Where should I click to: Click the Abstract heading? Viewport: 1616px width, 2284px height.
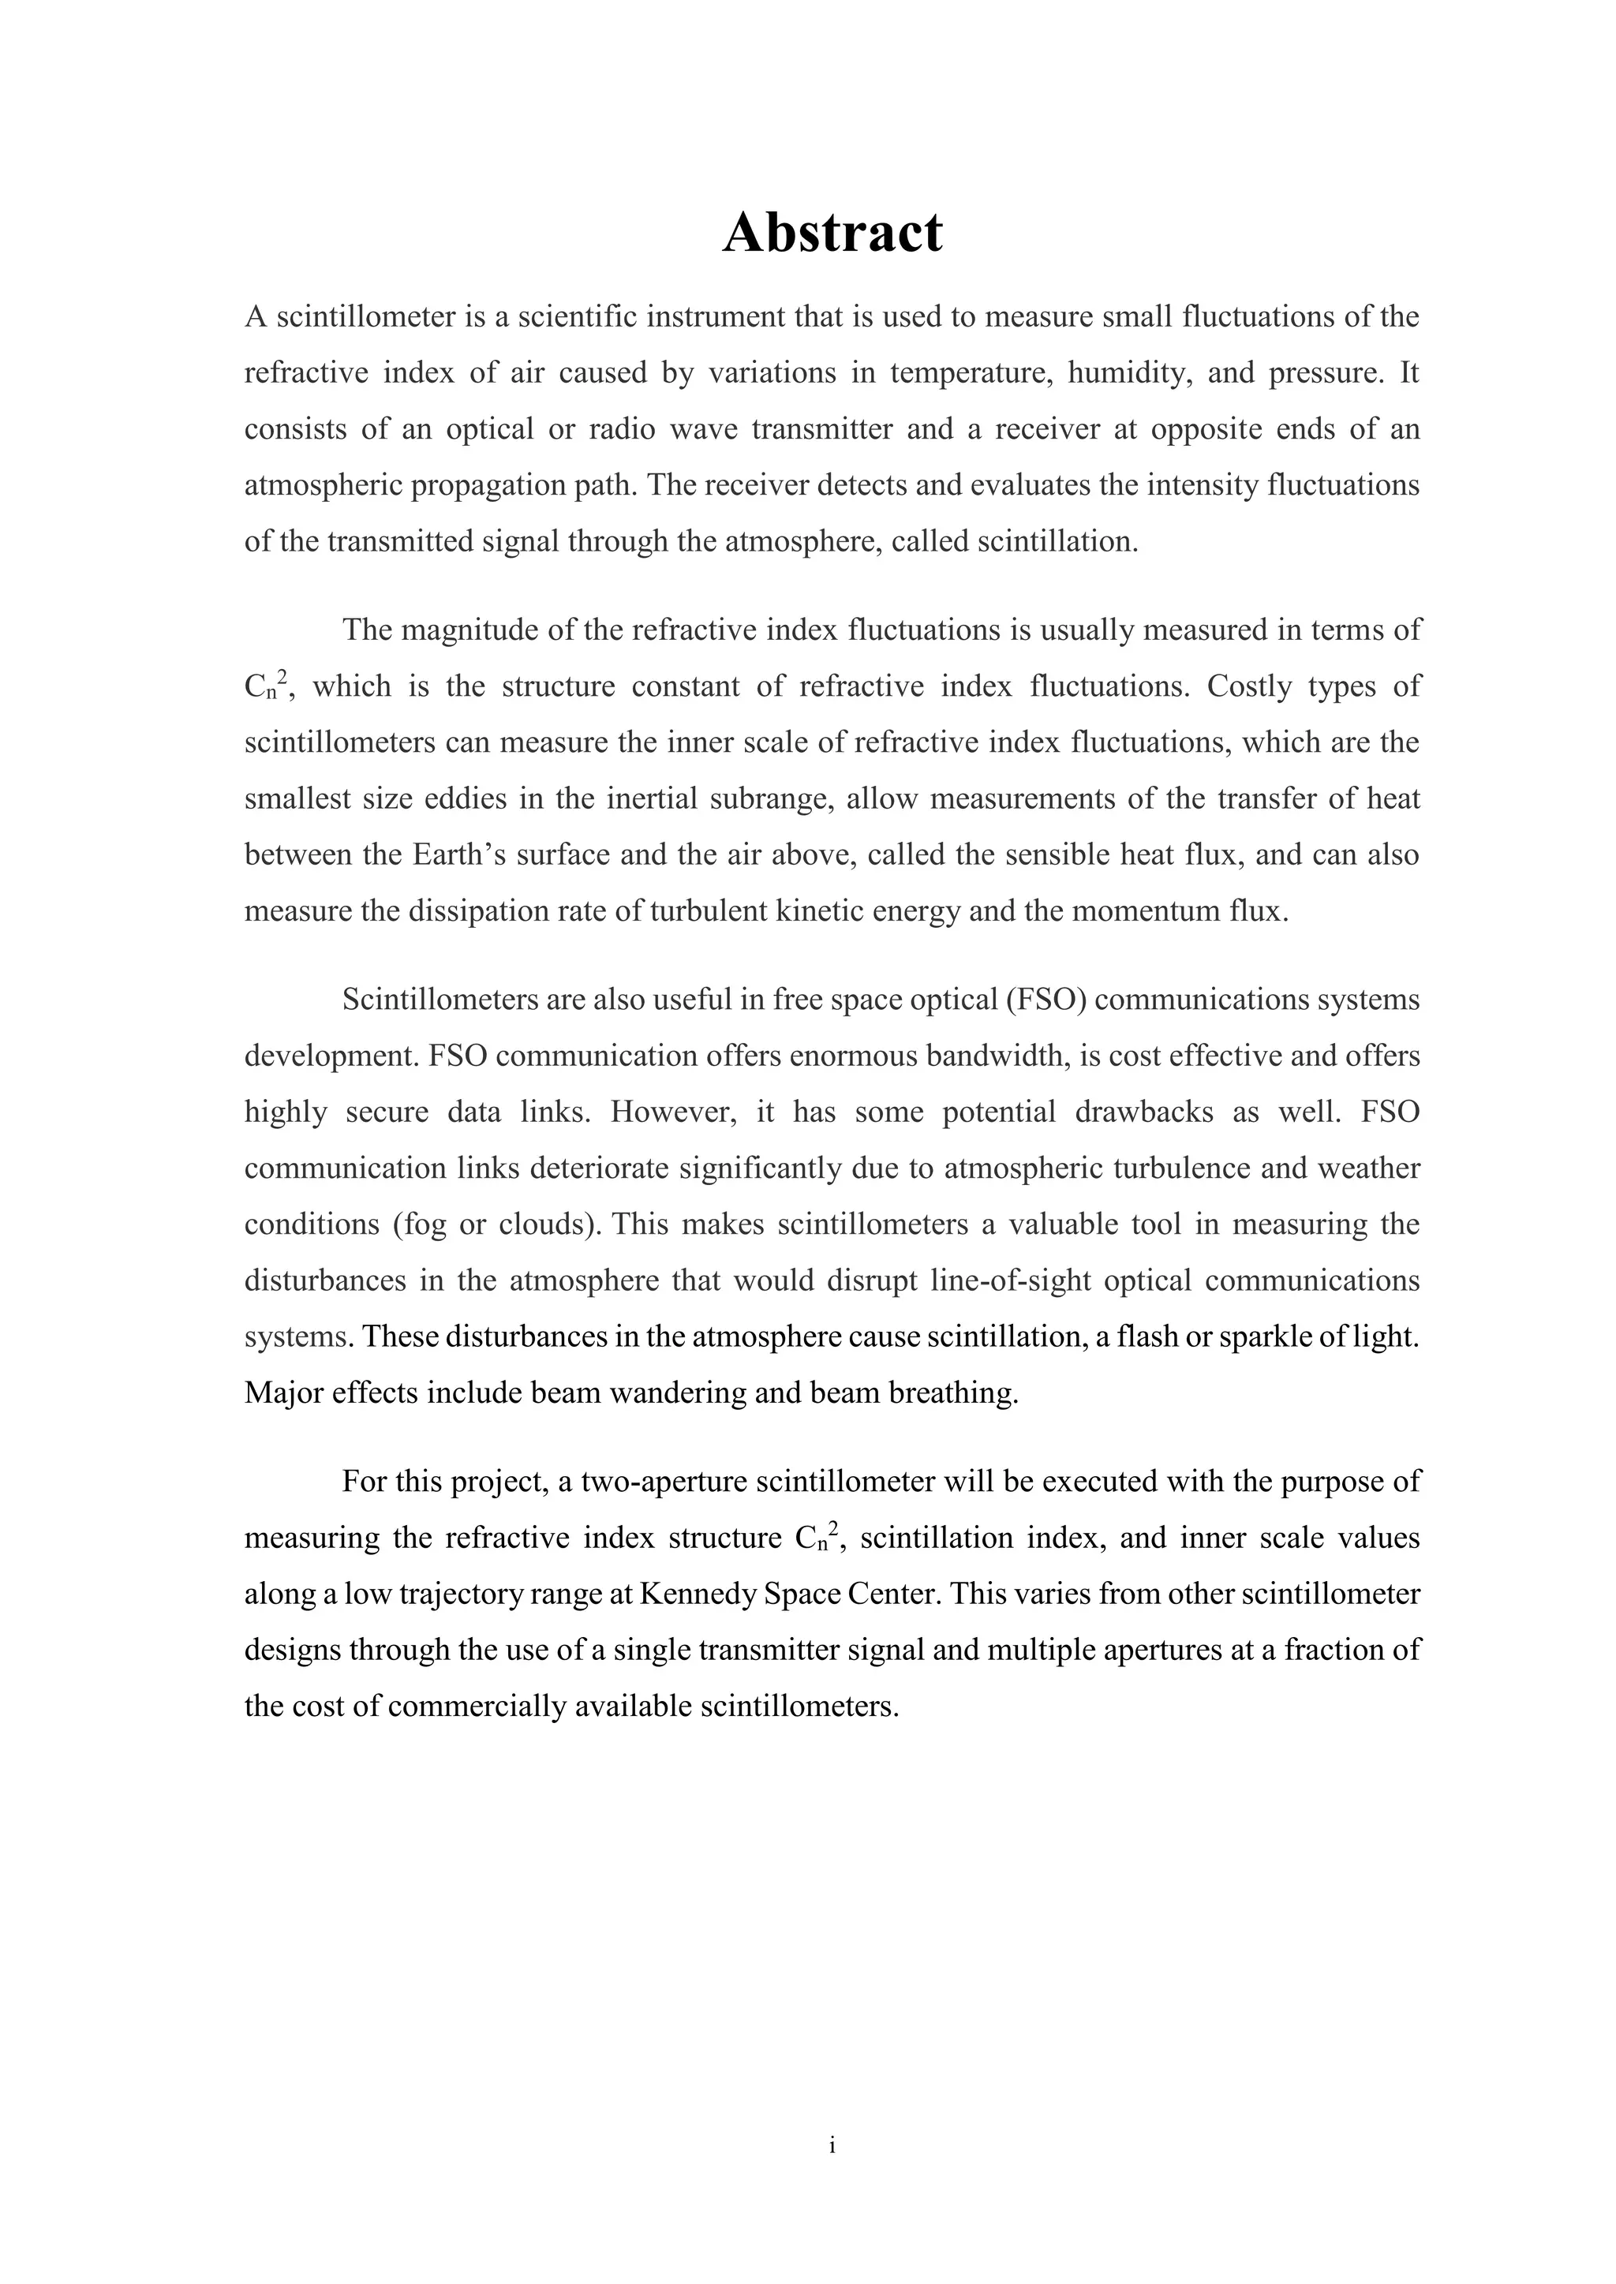(832, 233)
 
